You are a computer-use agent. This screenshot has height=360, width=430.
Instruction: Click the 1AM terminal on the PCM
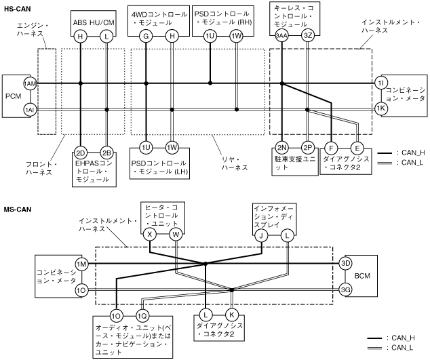[30, 83]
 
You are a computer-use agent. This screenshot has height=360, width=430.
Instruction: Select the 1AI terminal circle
[30, 108]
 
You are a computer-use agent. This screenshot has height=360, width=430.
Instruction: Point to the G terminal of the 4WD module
[146, 36]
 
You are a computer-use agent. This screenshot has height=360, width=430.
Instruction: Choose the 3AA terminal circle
[281, 36]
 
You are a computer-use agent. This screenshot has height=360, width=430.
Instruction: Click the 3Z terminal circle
[308, 36]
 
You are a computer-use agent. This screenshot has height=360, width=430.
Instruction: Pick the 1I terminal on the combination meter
[380, 83]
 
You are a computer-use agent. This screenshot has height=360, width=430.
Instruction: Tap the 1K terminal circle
[380, 108]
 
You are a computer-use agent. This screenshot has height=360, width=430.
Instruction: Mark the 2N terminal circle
[281, 146]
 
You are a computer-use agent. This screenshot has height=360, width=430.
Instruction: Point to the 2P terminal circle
[308, 146]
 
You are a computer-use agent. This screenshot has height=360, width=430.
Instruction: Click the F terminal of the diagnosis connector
[331, 146]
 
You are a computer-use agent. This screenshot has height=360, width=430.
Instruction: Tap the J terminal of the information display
[260, 235]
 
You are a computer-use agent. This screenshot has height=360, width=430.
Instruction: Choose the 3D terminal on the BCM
[345, 263]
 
